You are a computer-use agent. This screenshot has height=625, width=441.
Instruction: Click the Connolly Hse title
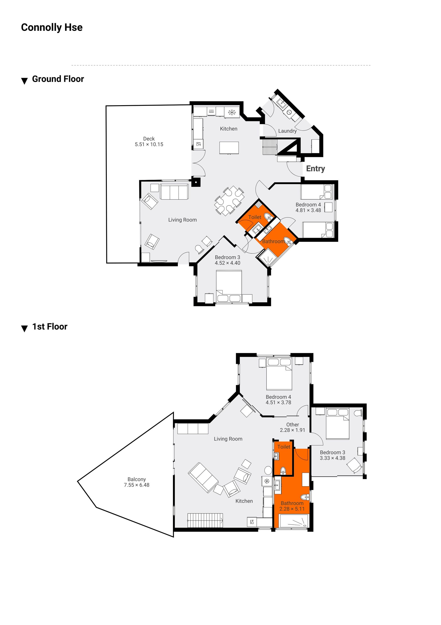click(52, 27)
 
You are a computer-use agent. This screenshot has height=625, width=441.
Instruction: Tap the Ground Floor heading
click(58, 79)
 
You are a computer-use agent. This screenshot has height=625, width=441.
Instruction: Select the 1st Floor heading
click(50, 327)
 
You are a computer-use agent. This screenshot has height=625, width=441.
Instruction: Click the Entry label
click(315, 169)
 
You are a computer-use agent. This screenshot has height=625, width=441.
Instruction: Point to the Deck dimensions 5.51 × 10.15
click(149, 145)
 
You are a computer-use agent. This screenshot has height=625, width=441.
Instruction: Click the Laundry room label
click(287, 131)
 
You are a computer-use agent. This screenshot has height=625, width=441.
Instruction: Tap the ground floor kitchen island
click(229, 148)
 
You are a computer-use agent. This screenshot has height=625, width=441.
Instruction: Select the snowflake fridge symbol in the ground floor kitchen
click(232, 112)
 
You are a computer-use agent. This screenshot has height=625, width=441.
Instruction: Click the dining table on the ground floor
click(229, 201)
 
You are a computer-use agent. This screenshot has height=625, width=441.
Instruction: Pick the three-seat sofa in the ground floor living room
click(174, 192)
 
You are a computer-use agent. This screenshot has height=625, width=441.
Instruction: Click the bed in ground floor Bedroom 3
click(229, 286)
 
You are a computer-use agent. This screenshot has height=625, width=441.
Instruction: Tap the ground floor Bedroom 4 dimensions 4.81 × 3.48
click(308, 210)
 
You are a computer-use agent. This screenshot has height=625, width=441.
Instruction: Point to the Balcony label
click(137, 479)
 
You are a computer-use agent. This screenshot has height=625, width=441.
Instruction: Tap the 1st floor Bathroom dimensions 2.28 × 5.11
click(292, 509)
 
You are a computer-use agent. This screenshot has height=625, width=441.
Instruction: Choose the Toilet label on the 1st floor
click(284, 447)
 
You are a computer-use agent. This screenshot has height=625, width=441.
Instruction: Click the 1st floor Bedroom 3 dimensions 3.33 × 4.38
click(332, 458)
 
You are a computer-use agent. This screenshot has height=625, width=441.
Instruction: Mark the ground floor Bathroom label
click(273, 241)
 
